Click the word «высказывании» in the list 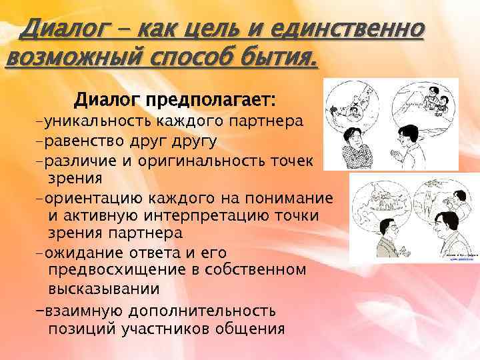pos(104,289)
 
